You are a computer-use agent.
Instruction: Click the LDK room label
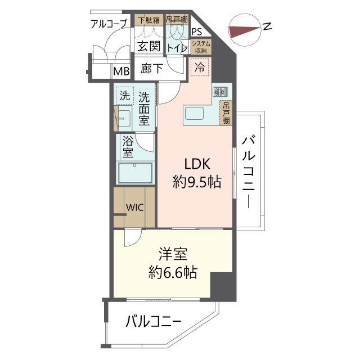196,164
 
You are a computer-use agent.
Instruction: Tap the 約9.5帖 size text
196,182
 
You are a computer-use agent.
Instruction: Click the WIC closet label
134,207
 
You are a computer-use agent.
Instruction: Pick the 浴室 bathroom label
127,147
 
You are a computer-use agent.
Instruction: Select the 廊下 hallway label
152,69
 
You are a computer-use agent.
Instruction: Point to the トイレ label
177,48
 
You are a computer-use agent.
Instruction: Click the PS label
197,32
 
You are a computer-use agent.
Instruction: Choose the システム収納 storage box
201,47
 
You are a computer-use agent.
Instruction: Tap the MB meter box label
121,71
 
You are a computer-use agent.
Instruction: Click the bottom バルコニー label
153,322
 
